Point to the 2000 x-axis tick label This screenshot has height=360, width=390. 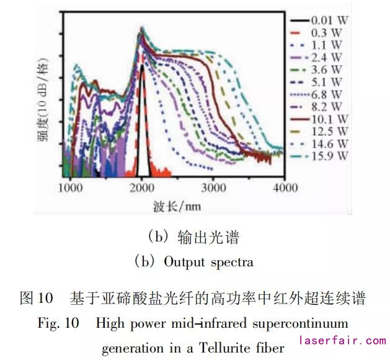point(142,186)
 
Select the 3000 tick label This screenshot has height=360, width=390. point(213,186)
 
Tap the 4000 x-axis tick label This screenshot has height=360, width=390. point(284,186)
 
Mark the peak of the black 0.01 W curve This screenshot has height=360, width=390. point(142,65)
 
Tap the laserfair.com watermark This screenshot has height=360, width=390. point(343,341)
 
